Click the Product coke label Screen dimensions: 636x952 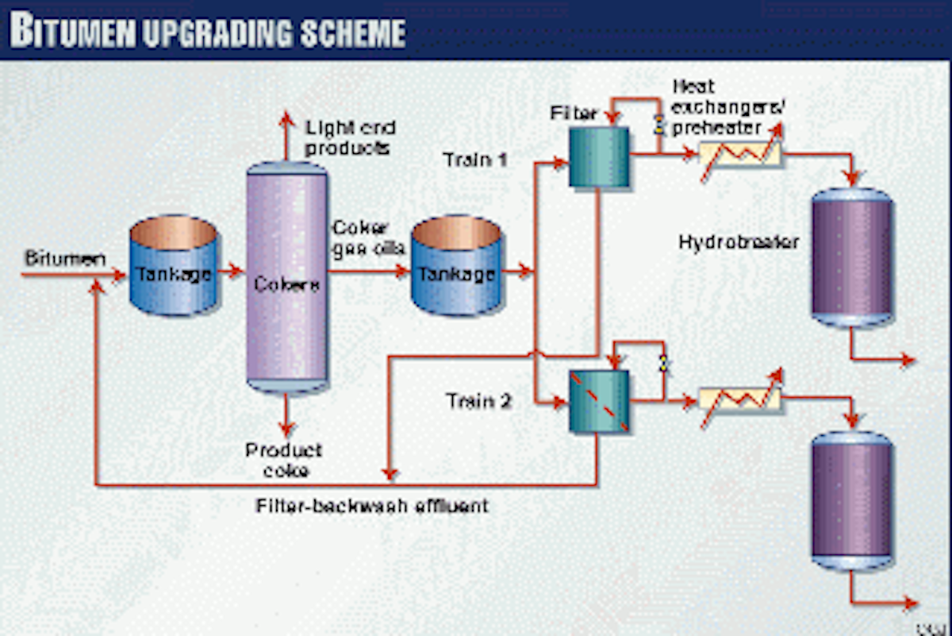(x=283, y=460)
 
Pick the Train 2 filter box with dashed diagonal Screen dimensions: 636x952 (x=599, y=402)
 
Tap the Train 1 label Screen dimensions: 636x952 (x=476, y=159)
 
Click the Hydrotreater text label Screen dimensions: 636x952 (x=738, y=241)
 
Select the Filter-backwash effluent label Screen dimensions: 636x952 (x=372, y=505)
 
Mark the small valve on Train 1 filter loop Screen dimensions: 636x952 (x=658, y=123)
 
